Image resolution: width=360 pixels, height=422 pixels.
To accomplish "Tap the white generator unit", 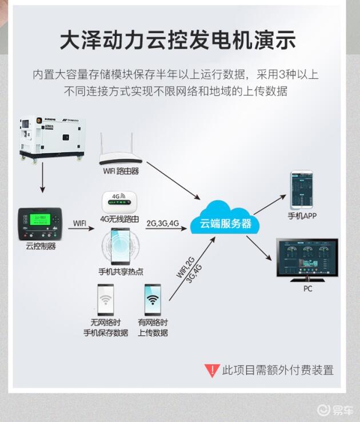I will click(x=51, y=139).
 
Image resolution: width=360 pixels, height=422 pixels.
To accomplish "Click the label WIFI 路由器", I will click(x=121, y=171).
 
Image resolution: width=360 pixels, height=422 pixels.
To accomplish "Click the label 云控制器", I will click(x=41, y=246).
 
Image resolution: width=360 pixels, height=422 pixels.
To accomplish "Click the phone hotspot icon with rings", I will click(x=120, y=244).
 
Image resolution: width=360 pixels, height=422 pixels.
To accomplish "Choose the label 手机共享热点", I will click(x=121, y=271).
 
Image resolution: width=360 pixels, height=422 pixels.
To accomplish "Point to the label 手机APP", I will click(x=302, y=216).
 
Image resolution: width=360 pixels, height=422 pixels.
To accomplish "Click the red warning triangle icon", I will click(x=212, y=370).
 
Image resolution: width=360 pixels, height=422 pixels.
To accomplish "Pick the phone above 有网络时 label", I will click(x=153, y=299).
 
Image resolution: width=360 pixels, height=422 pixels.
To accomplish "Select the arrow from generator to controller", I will click(x=41, y=183).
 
